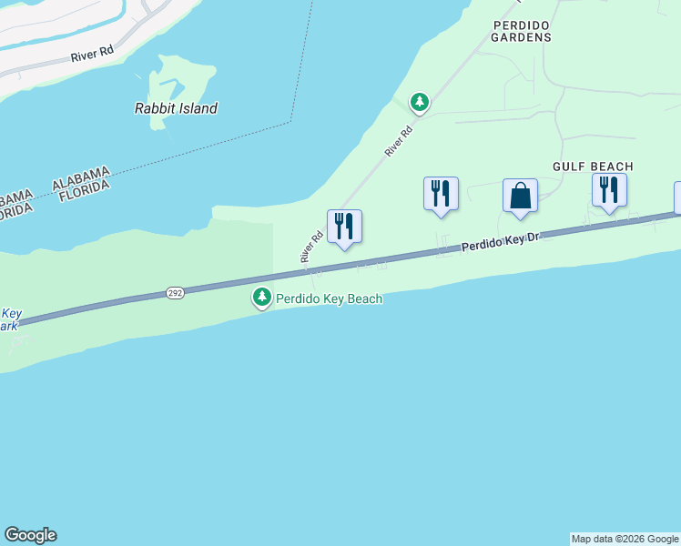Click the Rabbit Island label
coord(176,108)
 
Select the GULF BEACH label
coord(592,167)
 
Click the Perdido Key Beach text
coord(329,298)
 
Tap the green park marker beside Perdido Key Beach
coord(262,298)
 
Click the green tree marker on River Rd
coord(419,102)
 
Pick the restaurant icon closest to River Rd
coord(344,227)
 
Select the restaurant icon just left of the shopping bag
coord(441,194)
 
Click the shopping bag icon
coord(520,196)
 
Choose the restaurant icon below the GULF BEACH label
coord(609,190)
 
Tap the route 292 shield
coord(176,293)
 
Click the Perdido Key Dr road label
coord(501,242)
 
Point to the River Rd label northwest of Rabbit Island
coord(92,55)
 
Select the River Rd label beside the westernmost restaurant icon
coord(312,247)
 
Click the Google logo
coord(30,535)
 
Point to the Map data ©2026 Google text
coord(625,539)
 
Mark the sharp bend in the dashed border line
coord(290,121)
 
